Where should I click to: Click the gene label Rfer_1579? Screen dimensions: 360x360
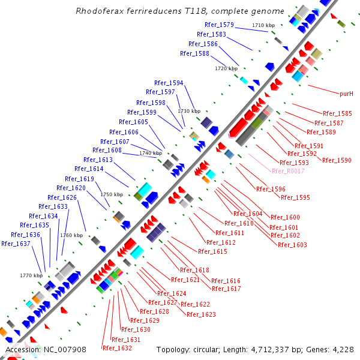click(219, 25)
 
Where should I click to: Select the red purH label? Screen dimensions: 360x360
click(346, 94)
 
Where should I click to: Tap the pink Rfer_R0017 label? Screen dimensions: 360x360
click(288, 171)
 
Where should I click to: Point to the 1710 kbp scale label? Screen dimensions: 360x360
click(263, 25)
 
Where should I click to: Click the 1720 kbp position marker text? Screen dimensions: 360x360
click(226, 69)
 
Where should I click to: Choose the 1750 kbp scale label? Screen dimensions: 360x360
click(112, 194)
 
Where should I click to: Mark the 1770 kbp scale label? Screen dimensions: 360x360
click(31, 275)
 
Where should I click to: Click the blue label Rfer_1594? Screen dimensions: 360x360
click(169, 83)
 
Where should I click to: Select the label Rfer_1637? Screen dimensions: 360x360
click(16, 244)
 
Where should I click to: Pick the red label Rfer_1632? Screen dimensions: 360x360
click(117, 348)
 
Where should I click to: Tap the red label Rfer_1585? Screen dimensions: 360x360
click(337, 113)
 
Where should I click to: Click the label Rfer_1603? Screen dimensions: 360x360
click(292, 245)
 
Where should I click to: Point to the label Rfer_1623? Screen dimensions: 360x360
click(201, 314)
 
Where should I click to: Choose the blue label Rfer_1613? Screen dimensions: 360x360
click(98, 160)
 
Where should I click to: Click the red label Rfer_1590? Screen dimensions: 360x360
click(337, 160)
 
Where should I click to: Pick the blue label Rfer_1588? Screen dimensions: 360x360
click(194, 53)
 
